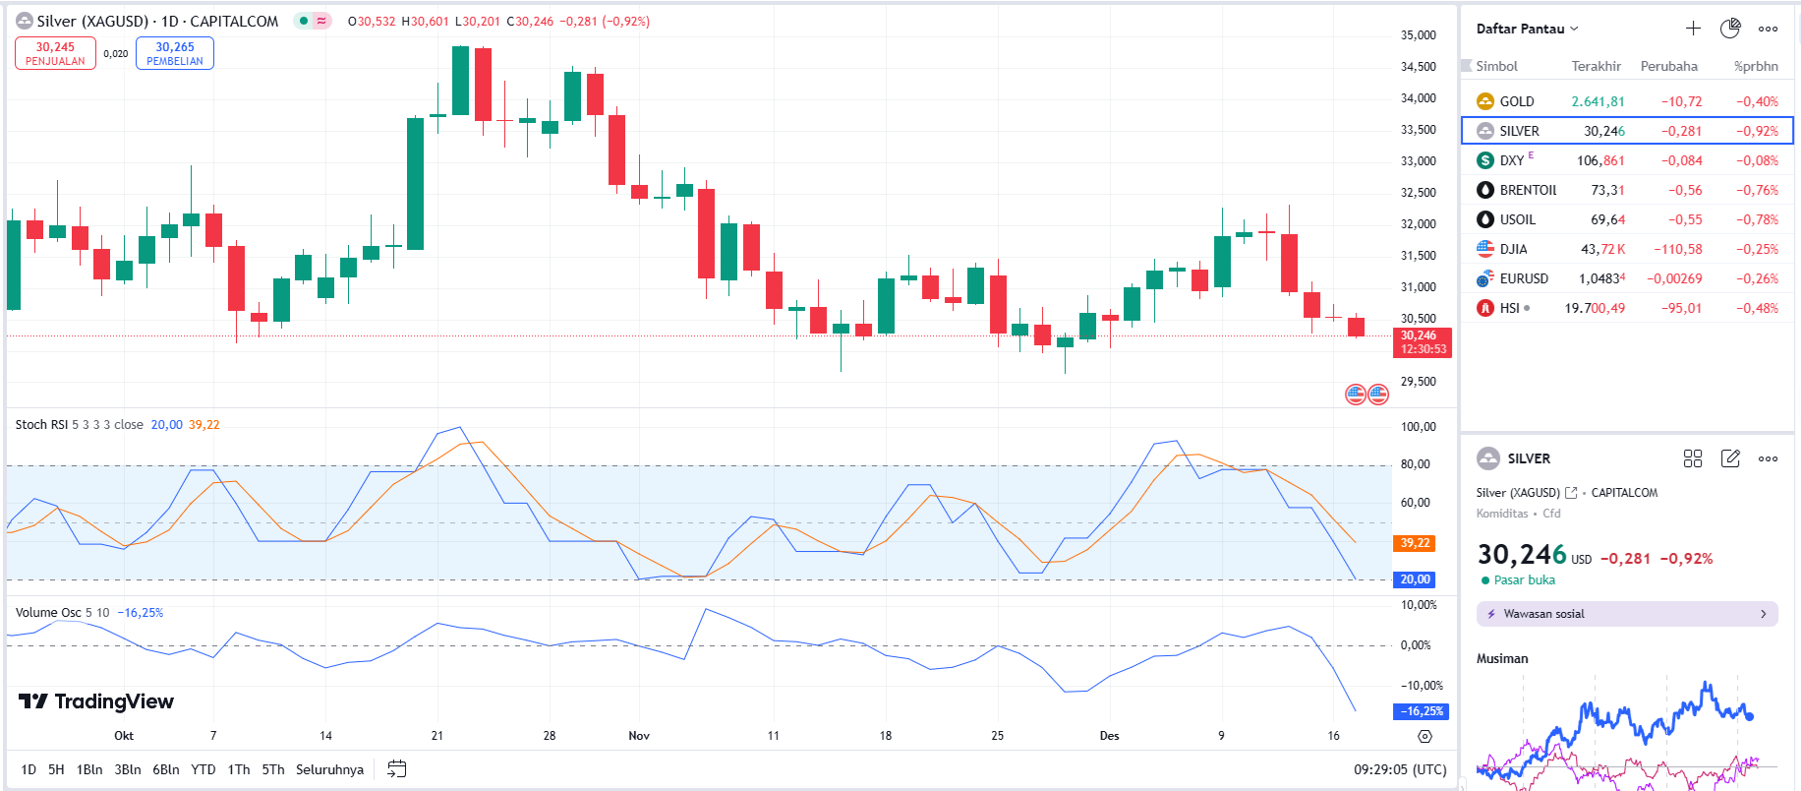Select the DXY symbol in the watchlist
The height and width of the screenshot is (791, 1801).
click(x=1512, y=160)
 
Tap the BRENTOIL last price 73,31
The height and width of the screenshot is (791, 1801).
click(x=1607, y=190)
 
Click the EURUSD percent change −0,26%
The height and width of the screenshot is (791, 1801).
click(x=1757, y=278)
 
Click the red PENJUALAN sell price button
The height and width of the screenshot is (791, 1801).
click(x=55, y=53)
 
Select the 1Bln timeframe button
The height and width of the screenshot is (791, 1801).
click(x=89, y=769)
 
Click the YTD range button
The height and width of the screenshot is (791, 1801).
click(x=203, y=769)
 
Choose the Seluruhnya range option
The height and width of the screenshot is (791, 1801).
click(x=329, y=769)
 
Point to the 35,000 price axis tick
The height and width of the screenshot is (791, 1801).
click(x=1418, y=35)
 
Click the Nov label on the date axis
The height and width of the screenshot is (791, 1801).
click(x=639, y=736)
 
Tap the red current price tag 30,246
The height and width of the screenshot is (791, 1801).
click(x=1422, y=342)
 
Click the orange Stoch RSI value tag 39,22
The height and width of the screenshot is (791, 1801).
click(x=1415, y=543)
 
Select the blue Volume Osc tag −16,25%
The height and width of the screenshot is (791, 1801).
click(x=1421, y=711)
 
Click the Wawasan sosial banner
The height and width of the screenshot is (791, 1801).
click(x=1626, y=614)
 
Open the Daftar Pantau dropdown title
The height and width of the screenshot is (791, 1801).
click(x=1527, y=29)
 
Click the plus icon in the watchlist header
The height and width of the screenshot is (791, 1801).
click(x=1693, y=29)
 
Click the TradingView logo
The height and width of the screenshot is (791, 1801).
click(x=96, y=701)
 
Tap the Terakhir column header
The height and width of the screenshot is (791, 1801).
click(x=1596, y=66)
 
